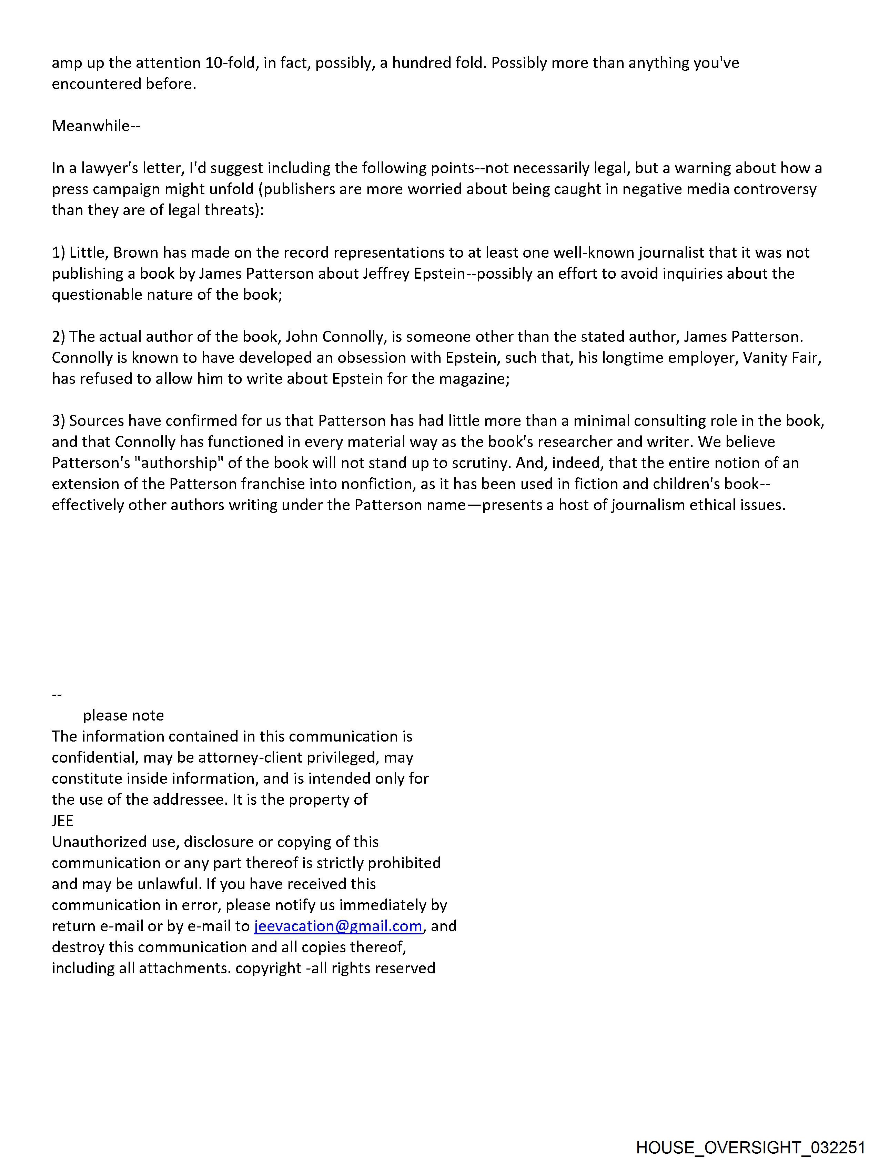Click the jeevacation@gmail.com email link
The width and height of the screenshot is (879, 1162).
tap(337, 926)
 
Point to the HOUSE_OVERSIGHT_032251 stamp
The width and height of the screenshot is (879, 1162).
tap(750, 1147)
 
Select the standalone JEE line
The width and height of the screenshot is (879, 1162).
tap(62, 821)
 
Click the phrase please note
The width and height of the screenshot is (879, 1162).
tap(123, 715)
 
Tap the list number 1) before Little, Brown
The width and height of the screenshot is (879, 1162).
tap(58, 253)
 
